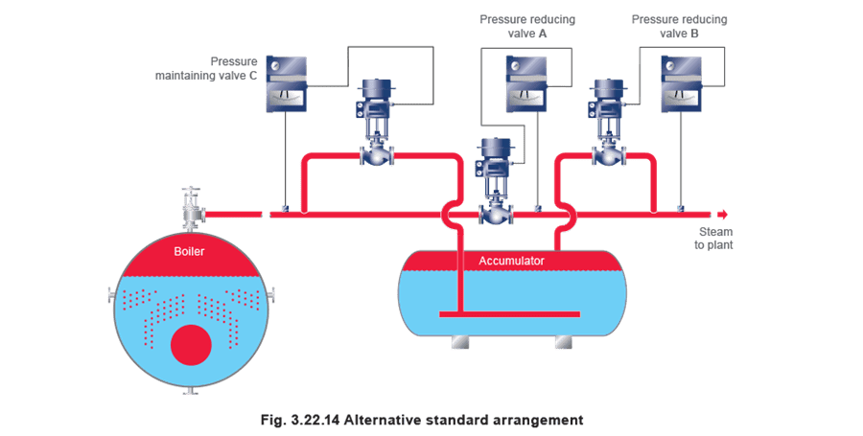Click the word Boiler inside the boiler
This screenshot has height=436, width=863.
click(189, 251)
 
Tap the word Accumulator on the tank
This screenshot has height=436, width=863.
click(511, 261)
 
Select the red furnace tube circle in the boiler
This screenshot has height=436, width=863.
click(191, 345)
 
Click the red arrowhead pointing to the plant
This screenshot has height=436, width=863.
click(723, 215)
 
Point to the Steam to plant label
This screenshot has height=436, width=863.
click(713, 238)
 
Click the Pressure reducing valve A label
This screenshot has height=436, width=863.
click(527, 27)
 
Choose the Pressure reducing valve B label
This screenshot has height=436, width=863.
click(679, 27)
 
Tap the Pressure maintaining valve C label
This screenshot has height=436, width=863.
click(206, 68)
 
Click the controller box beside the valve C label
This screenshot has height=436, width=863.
click(286, 83)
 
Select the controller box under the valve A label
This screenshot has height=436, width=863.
click(526, 83)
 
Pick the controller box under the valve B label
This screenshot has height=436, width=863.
click(681, 83)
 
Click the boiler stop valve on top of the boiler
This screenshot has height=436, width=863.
click(192, 209)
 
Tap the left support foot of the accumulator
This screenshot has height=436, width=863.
click(460, 341)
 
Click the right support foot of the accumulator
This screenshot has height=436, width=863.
click(564, 341)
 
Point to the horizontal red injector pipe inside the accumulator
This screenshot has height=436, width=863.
click(510, 314)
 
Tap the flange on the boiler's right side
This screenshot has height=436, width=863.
click(270, 296)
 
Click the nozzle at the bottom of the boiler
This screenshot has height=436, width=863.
click(191, 391)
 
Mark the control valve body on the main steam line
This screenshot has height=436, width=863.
click(496, 214)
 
